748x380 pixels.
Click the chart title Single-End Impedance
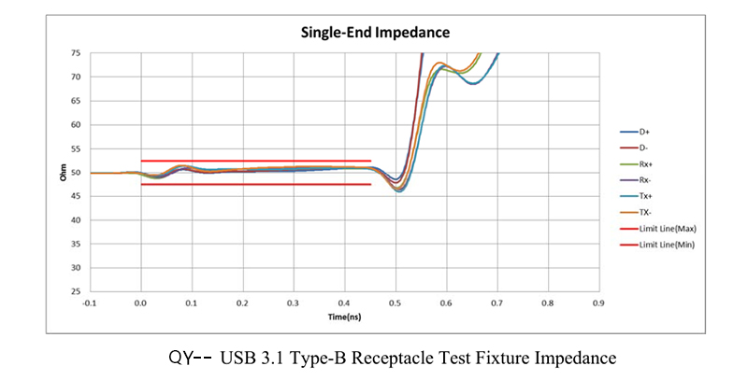(x=375, y=32)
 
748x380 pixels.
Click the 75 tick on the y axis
(x=76, y=53)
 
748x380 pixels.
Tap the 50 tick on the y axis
(x=76, y=173)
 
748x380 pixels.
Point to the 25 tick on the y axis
(x=76, y=291)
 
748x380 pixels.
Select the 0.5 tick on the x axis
(x=395, y=303)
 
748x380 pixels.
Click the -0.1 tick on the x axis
(x=89, y=303)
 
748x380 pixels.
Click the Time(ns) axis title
(x=344, y=318)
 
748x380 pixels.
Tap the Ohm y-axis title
(x=64, y=173)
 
